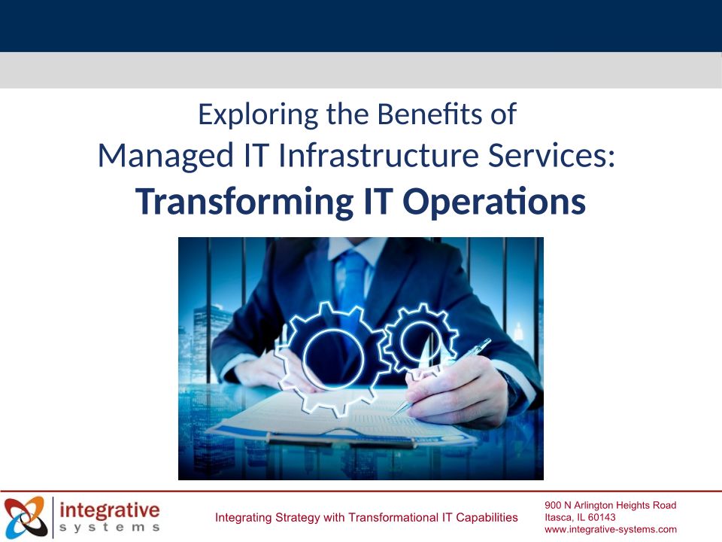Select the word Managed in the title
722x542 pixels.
(165, 157)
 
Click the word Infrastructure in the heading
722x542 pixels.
(379, 155)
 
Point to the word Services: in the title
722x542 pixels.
(551, 155)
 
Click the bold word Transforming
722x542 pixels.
(244, 202)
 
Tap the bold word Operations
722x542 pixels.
(494, 202)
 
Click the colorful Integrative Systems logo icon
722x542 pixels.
(26, 516)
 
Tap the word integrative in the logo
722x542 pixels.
(110, 510)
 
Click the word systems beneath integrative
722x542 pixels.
(110, 527)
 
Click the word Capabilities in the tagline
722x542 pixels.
(487, 518)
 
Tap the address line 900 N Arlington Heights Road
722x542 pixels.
(611, 505)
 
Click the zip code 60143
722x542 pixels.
(602, 517)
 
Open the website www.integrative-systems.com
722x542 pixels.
(611, 529)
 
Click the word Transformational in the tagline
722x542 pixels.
(394, 518)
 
